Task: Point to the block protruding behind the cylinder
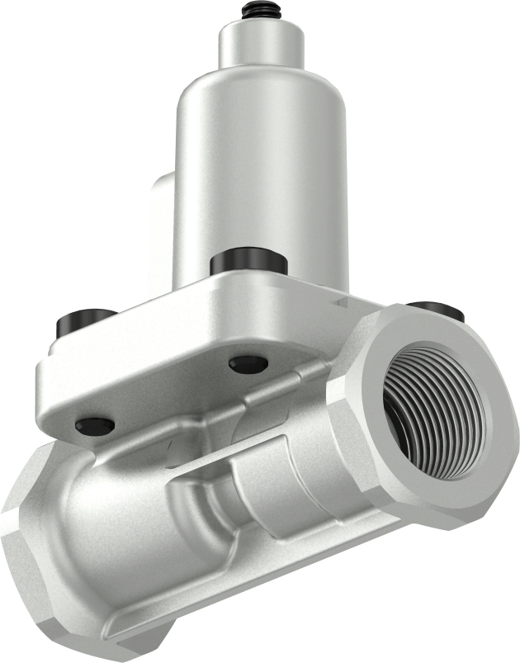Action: (x=162, y=215)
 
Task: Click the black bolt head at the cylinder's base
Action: (x=248, y=263)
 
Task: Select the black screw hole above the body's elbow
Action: (x=93, y=425)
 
